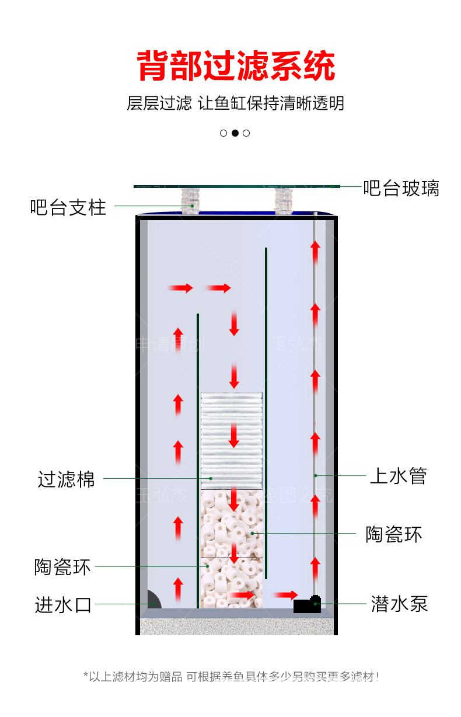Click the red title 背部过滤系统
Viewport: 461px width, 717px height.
(x=236, y=65)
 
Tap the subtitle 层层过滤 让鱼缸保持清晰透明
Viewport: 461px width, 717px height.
(x=236, y=103)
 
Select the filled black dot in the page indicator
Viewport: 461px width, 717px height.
(x=235, y=133)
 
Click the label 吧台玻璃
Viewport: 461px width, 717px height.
(x=401, y=188)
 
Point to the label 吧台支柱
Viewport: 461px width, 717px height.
(x=68, y=207)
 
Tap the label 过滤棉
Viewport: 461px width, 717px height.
(x=66, y=479)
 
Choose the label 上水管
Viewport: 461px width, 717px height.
(x=398, y=476)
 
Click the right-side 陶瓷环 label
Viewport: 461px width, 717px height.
(x=393, y=534)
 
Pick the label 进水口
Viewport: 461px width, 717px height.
(x=63, y=605)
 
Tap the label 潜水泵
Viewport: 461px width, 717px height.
(x=399, y=604)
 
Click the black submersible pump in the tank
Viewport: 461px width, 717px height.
(x=308, y=604)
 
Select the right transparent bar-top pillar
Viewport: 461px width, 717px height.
(x=283, y=200)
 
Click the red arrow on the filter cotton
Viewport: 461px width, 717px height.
(x=233, y=435)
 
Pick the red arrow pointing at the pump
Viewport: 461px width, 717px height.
(x=286, y=595)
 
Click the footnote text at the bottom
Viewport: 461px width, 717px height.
(x=231, y=677)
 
